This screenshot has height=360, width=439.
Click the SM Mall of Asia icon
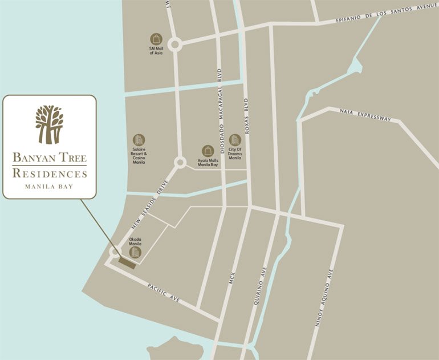coord(156,39)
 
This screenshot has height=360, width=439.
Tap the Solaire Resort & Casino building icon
coord(139,140)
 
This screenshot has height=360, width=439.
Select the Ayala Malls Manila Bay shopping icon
coord(208,151)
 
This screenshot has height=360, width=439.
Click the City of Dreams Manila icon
coord(235,140)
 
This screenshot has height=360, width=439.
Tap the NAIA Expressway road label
coord(365,115)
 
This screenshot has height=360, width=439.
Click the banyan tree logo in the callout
coord(49,124)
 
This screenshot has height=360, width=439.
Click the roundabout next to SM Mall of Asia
coord(174,44)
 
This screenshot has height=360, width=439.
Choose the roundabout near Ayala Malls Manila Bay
coord(180,163)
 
